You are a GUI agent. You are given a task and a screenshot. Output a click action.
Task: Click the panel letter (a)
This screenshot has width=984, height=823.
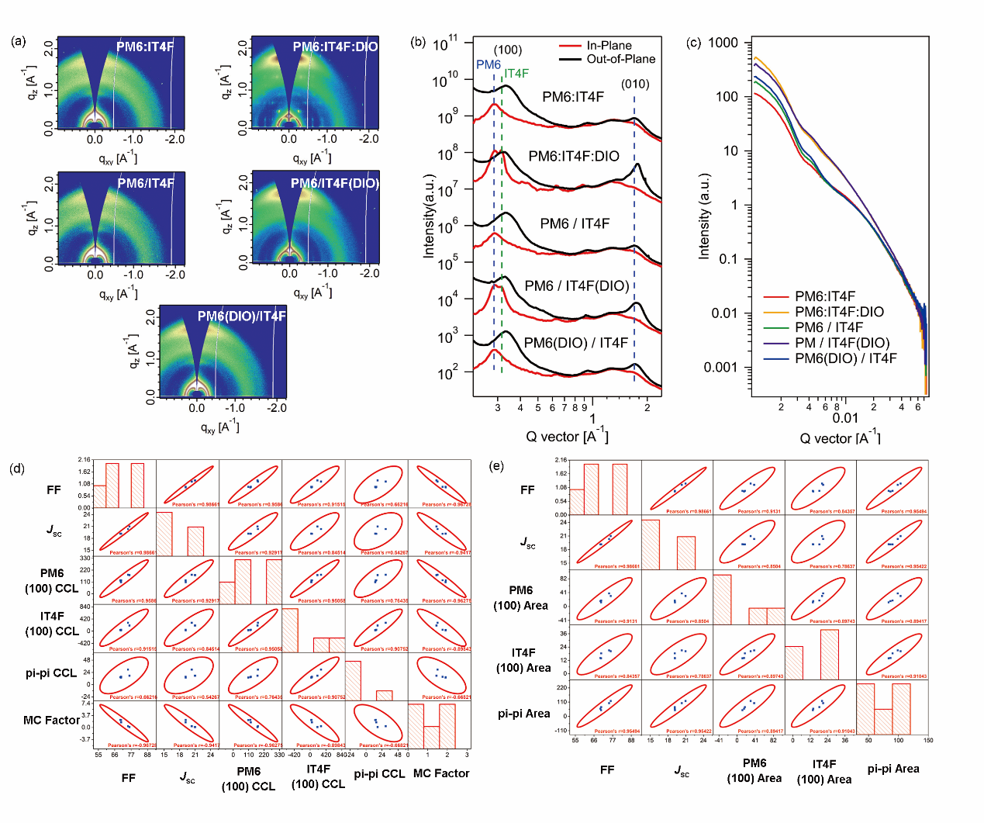[19, 41]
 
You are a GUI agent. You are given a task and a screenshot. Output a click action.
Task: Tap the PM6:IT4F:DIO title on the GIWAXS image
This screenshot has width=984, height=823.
[335, 47]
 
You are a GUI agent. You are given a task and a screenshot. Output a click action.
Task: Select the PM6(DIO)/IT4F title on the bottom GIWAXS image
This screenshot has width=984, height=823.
[241, 316]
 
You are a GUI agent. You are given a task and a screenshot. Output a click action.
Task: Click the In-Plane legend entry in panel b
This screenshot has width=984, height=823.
[609, 46]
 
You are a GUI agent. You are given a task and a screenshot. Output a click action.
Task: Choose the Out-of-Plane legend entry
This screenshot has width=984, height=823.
[620, 59]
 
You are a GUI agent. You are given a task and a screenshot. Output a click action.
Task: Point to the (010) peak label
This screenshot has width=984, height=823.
[635, 84]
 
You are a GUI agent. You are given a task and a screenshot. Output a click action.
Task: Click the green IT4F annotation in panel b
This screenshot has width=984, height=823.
[516, 74]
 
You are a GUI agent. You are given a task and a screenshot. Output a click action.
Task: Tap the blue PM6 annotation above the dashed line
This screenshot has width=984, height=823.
[489, 64]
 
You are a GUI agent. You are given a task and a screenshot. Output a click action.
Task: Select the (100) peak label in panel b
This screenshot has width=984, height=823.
[508, 50]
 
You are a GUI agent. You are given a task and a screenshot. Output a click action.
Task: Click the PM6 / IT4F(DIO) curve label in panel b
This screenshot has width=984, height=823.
[577, 285]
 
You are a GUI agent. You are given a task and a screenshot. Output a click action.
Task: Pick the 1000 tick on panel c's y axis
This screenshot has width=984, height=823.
[723, 43]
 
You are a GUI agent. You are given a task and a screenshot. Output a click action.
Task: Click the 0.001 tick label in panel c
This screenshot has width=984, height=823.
[720, 367]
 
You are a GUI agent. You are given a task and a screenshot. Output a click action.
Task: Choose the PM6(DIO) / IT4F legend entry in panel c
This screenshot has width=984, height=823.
[845, 358]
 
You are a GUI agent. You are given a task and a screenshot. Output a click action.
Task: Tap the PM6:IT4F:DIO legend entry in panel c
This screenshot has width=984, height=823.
[839, 312]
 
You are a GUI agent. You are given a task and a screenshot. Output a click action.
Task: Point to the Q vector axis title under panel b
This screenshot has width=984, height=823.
[567, 436]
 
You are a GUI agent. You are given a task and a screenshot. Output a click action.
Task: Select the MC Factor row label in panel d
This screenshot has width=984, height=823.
[51, 720]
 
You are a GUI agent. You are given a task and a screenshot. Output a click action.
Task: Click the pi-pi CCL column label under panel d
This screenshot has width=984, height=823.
[379, 773]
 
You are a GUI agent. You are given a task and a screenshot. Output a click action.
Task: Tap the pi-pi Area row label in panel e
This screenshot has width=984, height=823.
[523, 714]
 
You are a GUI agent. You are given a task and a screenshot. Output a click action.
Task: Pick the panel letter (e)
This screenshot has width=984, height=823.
[496, 465]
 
